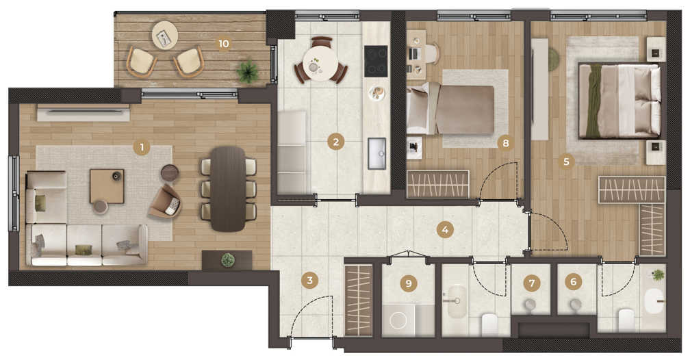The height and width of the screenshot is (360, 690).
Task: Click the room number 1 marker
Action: pos(142,147)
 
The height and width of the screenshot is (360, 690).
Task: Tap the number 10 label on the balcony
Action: pos(224,44)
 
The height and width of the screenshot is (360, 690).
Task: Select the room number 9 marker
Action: pos(409,283)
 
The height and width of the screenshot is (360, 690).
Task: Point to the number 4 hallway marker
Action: pos(446,230)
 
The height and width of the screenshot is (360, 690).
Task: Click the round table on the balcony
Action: pos(165,36)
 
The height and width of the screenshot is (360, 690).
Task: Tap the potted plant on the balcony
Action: pos(248,71)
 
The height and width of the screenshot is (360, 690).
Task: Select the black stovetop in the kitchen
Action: pos(376,61)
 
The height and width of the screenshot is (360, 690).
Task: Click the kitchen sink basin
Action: pos(377,153)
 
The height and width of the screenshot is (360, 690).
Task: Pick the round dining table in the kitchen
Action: pos(321,64)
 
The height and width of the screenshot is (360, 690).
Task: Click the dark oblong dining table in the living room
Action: pos(228,189)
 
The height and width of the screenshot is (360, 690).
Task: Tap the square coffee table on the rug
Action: pos(107,186)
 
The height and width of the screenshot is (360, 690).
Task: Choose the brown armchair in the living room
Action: pos(165,202)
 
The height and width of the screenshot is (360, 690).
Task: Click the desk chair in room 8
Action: pos(431,53)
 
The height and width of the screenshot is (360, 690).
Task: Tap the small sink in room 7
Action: pos(531,305)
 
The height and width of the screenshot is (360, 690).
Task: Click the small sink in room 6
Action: pos(575,305)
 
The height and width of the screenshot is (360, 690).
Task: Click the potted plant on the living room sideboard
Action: pos(227,259)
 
